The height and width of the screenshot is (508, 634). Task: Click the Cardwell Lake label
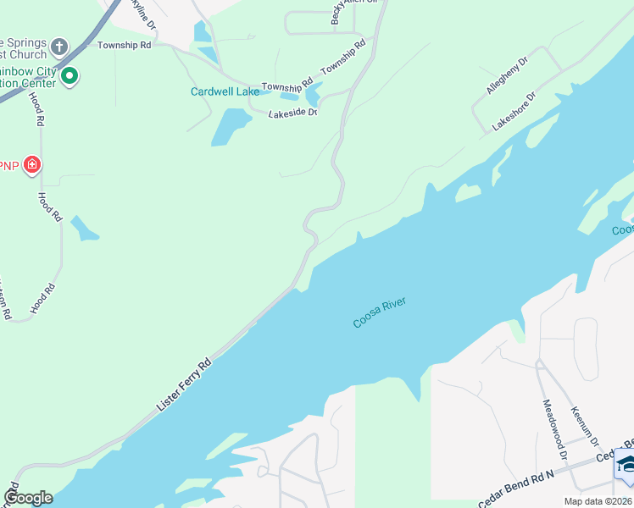[x=225, y=91]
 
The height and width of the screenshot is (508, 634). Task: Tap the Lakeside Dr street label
[x=292, y=113]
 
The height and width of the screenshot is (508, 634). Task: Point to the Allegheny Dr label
[x=507, y=75]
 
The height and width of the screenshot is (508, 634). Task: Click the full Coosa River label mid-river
[x=380, y=312]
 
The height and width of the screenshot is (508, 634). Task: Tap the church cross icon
[x=59, y=45]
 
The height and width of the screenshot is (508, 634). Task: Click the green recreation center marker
[x=70, y=77]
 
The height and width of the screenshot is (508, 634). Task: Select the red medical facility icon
[x=32, y=164]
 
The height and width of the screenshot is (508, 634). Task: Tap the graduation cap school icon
[x=626, y=465]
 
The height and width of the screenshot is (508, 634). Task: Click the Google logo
[x=28, y=498]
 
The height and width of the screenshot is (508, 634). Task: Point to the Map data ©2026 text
[x=597, y=500]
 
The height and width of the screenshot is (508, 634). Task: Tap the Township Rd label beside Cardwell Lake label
[x=282, y=87]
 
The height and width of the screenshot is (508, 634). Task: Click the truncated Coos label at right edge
[x=622, y=229]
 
